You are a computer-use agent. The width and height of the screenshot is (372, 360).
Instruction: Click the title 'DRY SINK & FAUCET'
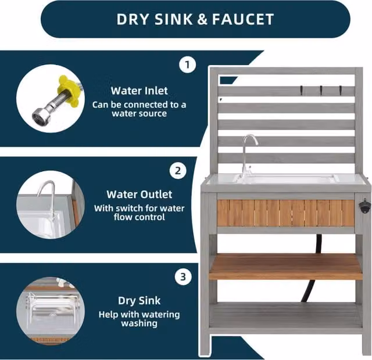(x=195, y=19)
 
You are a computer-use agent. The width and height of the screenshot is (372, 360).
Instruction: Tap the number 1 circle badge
(x=187, y=64)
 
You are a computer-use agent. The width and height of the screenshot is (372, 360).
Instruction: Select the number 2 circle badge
(x=178, y=171)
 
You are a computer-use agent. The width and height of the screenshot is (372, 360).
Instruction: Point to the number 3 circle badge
(x=183, y=277)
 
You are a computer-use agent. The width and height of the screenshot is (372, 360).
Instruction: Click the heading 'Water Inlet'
(x=139, y=91)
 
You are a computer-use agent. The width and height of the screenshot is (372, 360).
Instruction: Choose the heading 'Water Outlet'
(x=139, y=195)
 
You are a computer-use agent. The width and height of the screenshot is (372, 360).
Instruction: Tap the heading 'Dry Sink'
(x=139, y=301)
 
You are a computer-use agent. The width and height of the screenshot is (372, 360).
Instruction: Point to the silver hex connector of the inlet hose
(x=39, y=116)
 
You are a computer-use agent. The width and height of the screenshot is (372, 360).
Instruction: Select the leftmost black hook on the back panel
(x=301, y=90)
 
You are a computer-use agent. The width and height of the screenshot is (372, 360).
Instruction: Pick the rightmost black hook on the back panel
(x=341, y=90)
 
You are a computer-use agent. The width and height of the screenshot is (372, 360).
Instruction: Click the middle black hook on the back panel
(x=321, y=90)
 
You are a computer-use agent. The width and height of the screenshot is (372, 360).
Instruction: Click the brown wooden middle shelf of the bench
(x=285, y=267)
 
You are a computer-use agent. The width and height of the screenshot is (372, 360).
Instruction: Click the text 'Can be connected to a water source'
(x=139, y=109)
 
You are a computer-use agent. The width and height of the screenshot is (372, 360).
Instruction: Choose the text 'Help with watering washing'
(x=139, y=319)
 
